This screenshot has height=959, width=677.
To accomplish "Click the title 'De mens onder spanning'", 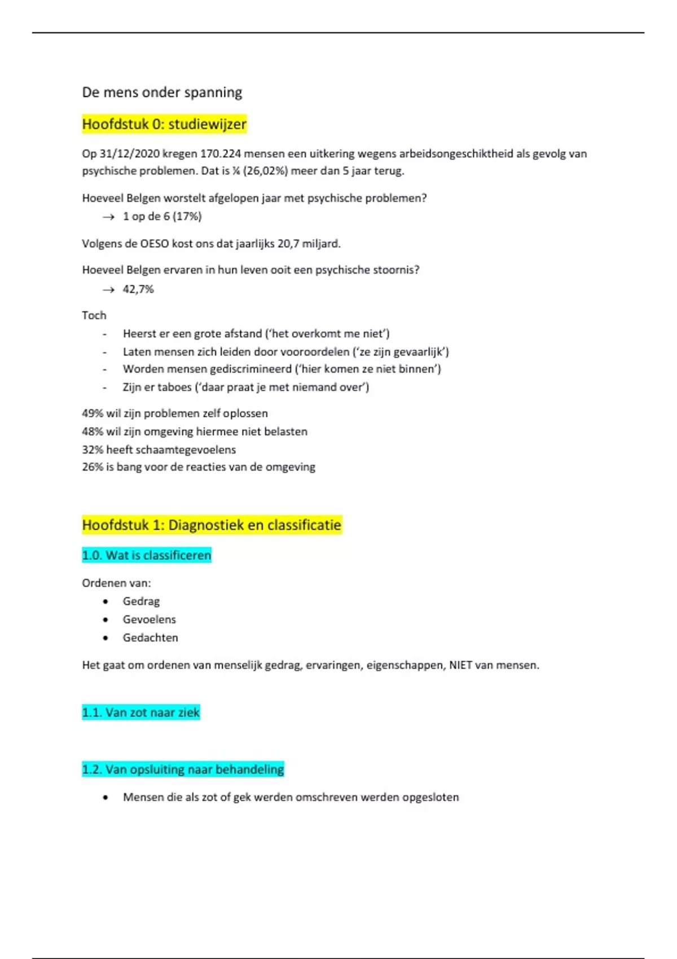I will click(162, 93).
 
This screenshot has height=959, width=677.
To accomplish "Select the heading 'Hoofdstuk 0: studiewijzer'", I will click(164, 124).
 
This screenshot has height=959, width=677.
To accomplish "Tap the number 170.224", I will click(221, 154).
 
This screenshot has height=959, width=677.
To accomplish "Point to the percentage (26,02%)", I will click(265, 171).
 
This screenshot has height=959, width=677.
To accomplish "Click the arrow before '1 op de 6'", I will click(108, 217).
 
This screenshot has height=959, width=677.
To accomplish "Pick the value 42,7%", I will click(138, 289).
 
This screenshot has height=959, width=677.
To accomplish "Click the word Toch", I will click(94, 315).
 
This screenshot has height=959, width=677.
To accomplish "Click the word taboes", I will click(174, 388).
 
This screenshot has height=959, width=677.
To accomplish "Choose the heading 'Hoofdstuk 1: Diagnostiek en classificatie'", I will click(212, 525).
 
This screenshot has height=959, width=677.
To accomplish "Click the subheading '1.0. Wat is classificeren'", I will click(147, 555).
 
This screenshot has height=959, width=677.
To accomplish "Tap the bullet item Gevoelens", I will click(150, 619).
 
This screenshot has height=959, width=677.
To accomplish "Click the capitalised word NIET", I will click(460, 665).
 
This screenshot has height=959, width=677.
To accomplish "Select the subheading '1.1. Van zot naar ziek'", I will click(141, 712).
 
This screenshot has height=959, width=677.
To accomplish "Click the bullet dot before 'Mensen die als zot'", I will click(105, 798).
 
